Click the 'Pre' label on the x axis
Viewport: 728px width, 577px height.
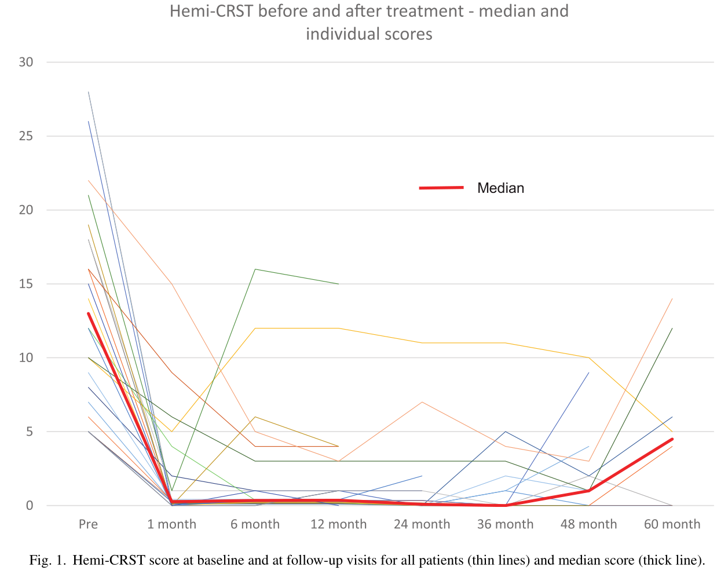[88, 524]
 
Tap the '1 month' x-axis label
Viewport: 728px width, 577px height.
[171, 524]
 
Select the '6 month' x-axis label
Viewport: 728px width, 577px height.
[255, 524]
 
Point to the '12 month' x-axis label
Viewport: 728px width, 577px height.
[338, 524]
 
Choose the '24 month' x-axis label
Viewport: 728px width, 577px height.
[422, 524]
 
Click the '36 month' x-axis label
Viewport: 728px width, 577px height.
[505, 524]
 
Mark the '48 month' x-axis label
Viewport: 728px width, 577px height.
[588, 524]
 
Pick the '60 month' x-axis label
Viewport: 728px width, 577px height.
[672, 524]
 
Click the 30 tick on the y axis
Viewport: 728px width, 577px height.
[26, 62]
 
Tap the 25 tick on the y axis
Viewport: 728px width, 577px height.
[26, 136]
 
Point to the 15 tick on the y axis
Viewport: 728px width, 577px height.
[26, 284]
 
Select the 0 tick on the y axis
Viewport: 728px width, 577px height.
[30, 506]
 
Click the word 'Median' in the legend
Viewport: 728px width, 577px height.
[500, 188]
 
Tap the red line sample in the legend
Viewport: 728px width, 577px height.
[441, 188]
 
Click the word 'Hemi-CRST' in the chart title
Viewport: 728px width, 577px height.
[211, 11]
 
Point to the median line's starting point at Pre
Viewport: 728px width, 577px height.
[89, 313]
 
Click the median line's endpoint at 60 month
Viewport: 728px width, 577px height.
[672, 439]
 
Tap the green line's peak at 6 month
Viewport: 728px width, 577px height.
[255, 269]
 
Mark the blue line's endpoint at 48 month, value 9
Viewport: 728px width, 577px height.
[589, 373]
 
